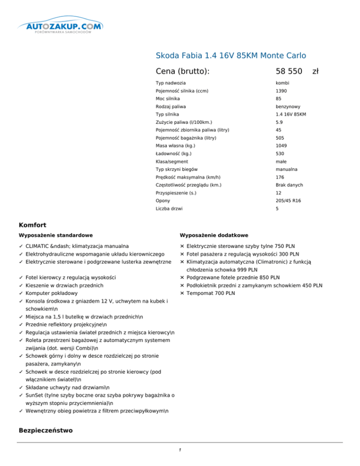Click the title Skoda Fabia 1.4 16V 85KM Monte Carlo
click(x=231, y=55)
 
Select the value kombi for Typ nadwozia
click(x=283, y=83)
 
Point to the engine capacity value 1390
click(x=281, y=91)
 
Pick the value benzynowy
click(x=288, y=106)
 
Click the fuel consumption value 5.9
click(x=279, y=122)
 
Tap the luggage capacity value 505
click(x=280, y=138)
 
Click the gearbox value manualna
click(x=287, y=169)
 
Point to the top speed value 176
click(x=280, y=177)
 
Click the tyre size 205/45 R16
click(x=289, y=200)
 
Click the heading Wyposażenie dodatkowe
click(x=214, y=235)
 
